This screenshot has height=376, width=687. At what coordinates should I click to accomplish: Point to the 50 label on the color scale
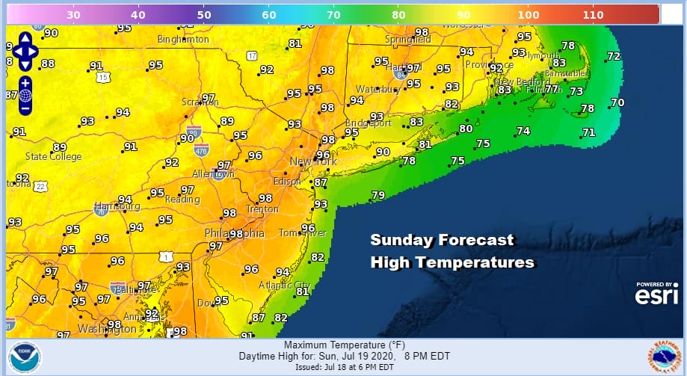click(x=203, y=15)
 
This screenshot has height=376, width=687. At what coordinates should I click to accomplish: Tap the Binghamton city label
click(x=183, y=39)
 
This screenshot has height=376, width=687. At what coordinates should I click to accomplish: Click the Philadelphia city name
click(x=235, y=234)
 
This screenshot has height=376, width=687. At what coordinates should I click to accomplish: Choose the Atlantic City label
click(x=283, y=285)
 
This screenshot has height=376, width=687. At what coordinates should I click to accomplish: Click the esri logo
click(x=656, y=297)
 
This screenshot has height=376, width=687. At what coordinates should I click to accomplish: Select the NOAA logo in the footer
click(x=25, y=357)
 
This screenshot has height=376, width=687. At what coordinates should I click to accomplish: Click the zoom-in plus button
click(x=25, y=82)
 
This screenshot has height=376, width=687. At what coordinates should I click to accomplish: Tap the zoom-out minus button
click(x=25, y=107)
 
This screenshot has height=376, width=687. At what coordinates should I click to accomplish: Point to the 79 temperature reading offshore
click(x=378, y=195)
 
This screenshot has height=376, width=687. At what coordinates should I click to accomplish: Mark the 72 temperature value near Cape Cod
click(x=614, y=56)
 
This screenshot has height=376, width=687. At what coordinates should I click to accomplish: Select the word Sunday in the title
click(x=401, y=240)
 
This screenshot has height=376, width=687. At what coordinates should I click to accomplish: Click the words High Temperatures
click(x=452, y=262)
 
